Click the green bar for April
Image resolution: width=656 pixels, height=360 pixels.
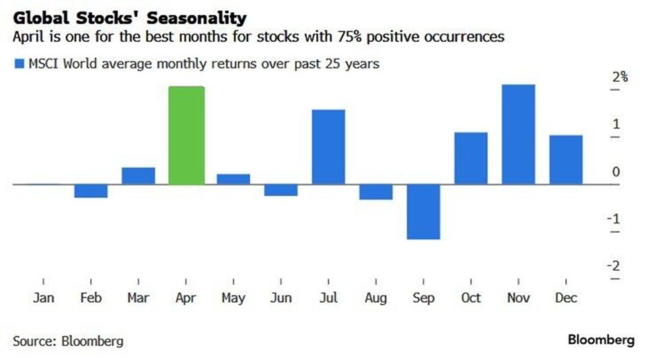coord(186,135)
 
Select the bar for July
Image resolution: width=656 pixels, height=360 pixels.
coord(328,147)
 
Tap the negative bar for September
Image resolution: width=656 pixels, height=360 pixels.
coord(423,211)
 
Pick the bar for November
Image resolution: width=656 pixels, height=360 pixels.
coord(518,134)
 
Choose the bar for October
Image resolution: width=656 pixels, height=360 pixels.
coord(471,158)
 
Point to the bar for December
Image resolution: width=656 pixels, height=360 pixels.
coord(566,159)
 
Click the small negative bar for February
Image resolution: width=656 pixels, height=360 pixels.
coord(91,191)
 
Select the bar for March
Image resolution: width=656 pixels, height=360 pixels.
coord(139,176)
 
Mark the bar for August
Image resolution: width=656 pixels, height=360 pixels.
coord(375,192)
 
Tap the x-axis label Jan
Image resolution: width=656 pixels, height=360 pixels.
coord(44,297)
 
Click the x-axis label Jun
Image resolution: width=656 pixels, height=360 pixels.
coord(281,297)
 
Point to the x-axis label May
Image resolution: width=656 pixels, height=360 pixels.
coord(233,297)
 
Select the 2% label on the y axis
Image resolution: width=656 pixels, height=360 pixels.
coord(620,77)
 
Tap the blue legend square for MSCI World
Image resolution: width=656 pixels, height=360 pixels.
coord(18,64)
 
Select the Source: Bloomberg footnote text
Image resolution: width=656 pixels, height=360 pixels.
coord(68,340)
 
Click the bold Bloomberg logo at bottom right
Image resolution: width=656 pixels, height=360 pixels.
coord(601,340)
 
